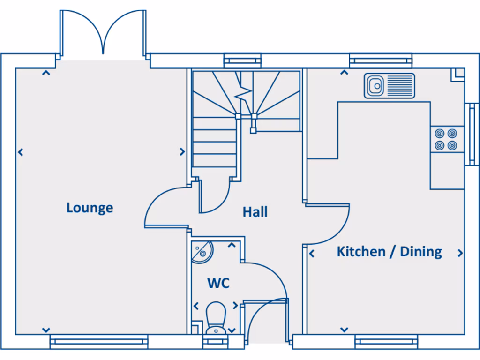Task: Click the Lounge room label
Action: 90,208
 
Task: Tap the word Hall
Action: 255,212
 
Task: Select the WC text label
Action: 218,283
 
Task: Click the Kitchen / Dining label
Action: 389,252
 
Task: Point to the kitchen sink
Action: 389,86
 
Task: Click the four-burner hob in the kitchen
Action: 445,139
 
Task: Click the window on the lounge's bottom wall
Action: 99,342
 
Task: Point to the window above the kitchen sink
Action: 381,60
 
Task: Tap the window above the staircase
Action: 242,60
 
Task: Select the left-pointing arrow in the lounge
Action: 20,152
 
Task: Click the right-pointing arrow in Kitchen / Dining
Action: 460,253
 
